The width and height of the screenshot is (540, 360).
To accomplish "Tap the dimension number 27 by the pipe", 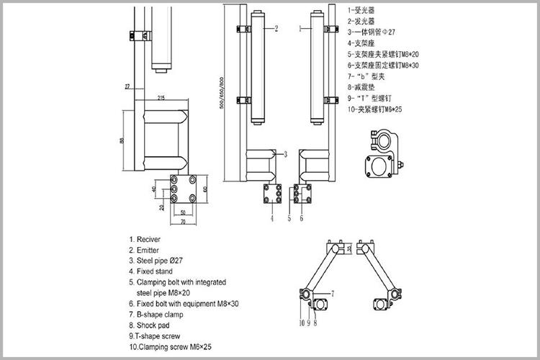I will (126, 86).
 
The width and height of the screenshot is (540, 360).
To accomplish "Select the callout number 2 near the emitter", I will (275, 29).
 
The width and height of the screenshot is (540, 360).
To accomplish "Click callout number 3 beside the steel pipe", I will (285, 154).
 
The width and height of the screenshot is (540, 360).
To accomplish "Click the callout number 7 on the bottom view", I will (333, 294).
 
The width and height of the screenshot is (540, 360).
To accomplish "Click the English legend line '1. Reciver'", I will (145, 239).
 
